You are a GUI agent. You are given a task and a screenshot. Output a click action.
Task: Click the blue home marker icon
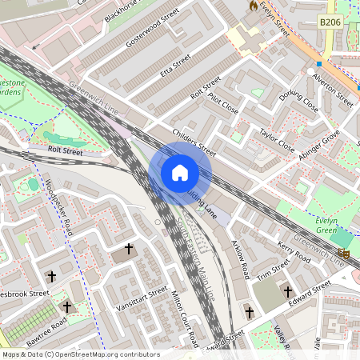pos(180,173)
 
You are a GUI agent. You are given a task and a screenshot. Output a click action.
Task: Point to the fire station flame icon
pos(254,6)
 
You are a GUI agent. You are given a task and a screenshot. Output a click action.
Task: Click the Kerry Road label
pos(294,252)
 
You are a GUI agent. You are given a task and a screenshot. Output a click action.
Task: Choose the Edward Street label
pos(310,294)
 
